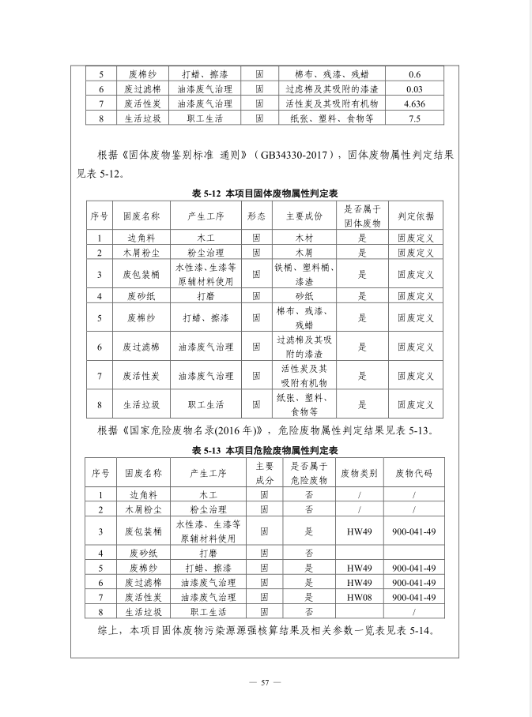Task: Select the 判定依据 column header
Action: click(415, 215)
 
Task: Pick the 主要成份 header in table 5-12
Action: click(304, 215)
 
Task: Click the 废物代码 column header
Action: click(413, 473)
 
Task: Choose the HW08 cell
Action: click(359, 597)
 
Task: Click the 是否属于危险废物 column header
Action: click(309, 473)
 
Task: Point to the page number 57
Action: click(266, 682)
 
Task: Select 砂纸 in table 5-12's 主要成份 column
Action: click(304, 296)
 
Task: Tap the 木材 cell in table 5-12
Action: click(304, 237)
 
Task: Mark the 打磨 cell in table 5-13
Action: click(208, 553)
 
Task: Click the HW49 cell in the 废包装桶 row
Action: click(359, 531)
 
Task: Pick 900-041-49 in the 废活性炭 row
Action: click(413, 597)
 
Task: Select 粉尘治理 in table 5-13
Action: click(208, 509)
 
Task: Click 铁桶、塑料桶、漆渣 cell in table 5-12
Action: click(304, 274)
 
